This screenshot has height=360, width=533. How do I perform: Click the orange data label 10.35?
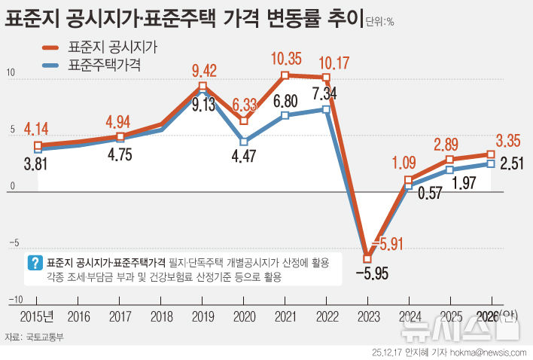point(285,57)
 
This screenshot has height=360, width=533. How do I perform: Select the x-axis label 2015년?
point(35,317)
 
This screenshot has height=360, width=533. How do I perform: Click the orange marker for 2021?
point(285,75)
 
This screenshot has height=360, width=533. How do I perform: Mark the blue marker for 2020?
point(244,142)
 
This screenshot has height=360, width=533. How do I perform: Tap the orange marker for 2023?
point(367,258)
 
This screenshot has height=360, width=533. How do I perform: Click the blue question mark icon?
point(34,263)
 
